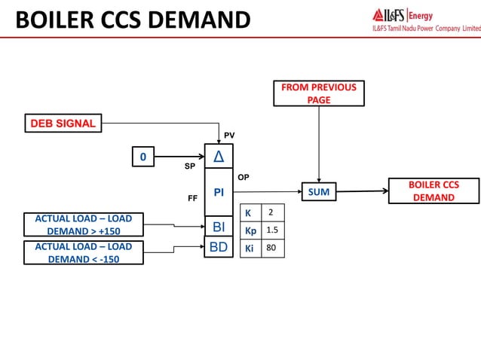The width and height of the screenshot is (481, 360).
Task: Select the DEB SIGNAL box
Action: coord(63,123)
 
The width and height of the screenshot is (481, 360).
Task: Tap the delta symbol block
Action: coord(219,157)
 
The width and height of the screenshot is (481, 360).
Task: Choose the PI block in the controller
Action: coord(219,193)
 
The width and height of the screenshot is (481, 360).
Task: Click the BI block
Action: coord(219,226)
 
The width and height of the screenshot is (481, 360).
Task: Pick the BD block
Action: coord(219,246)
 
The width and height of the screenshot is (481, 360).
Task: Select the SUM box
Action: coord(319,193)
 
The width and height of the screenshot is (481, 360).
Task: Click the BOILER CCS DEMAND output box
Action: coord(434,191)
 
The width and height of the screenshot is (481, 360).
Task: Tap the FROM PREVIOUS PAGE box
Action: coord(319,93)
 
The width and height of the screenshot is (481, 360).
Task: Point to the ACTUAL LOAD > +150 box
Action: coord(83,225)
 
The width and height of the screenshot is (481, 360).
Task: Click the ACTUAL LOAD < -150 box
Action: coord(83,252)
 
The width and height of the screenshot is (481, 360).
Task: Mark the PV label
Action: coord(229,136)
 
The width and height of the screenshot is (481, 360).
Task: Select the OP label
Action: coord(244,178)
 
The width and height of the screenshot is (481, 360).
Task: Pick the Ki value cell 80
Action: coord(272,248)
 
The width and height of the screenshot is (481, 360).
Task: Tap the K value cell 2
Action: coord(272,212)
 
